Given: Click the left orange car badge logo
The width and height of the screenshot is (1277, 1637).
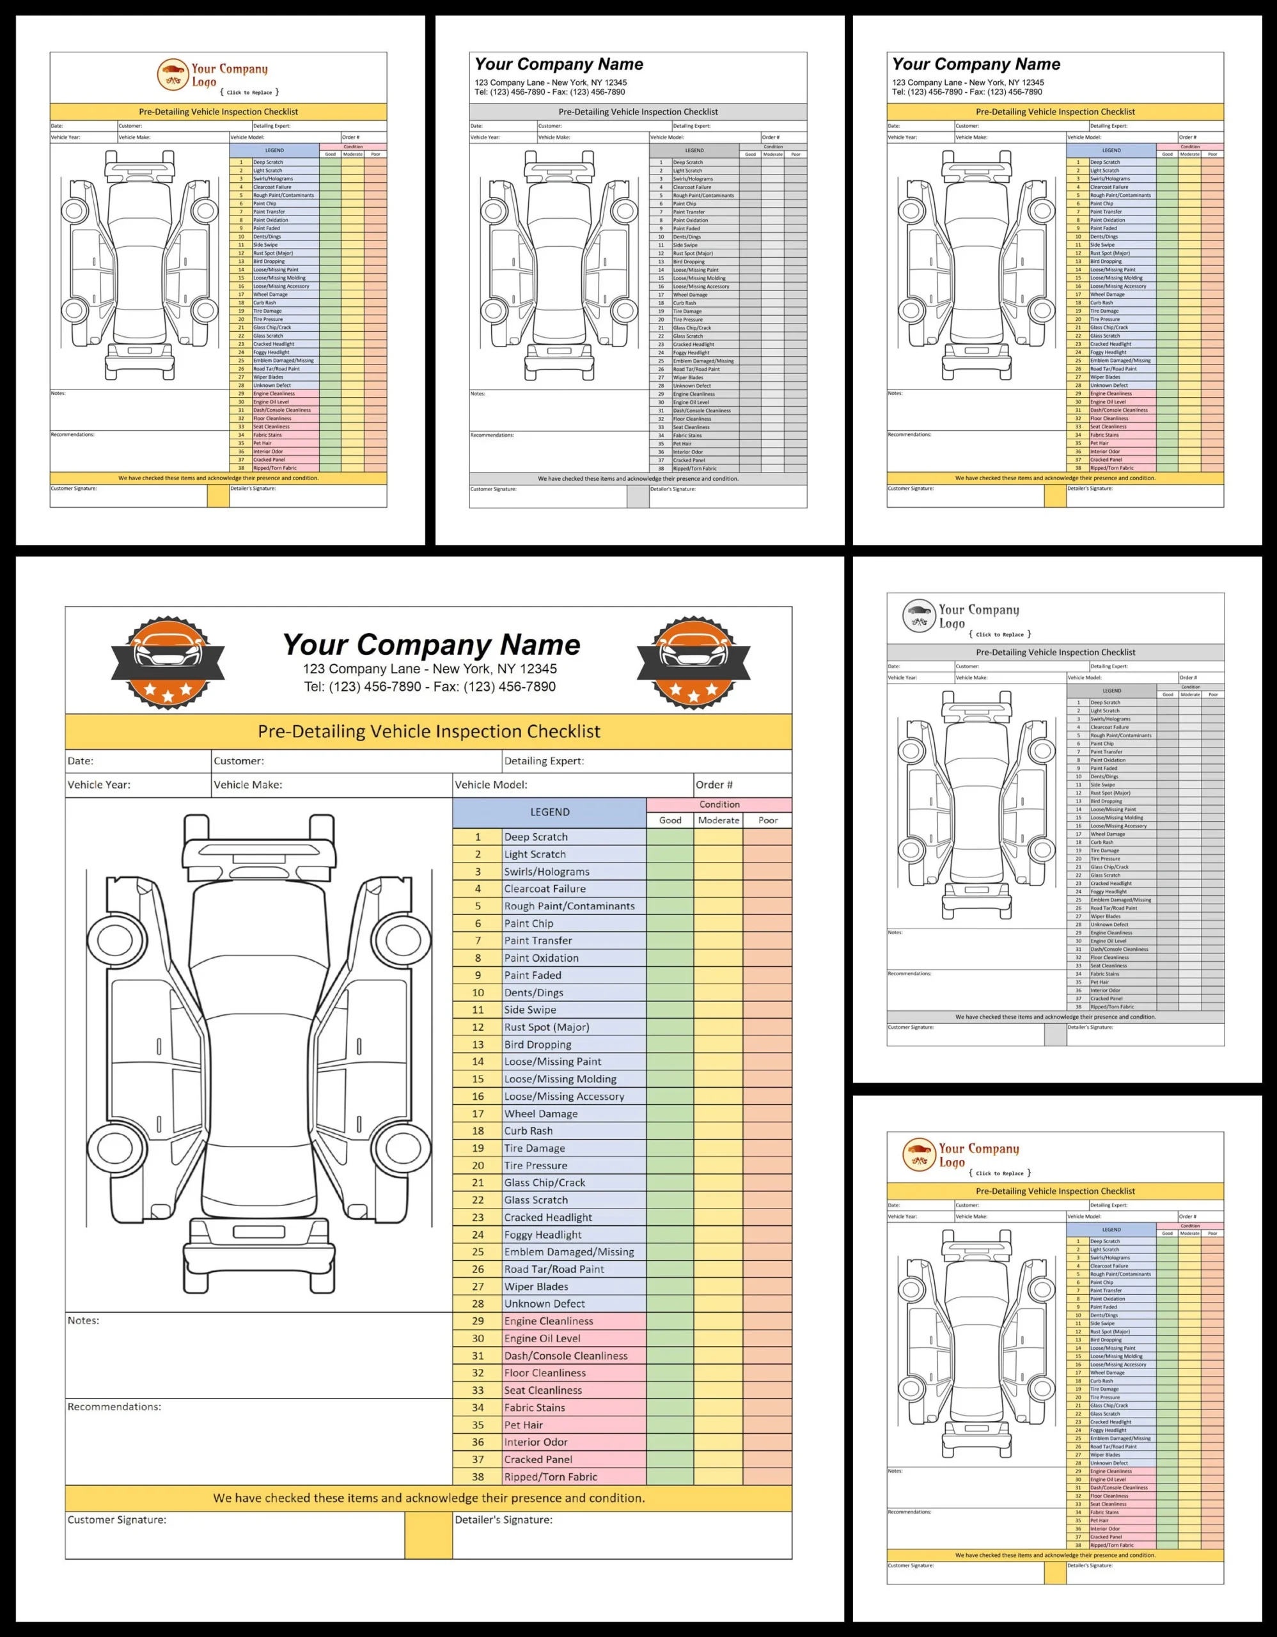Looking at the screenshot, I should tap(168, 663).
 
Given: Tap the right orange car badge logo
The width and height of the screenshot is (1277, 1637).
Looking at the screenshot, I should tap(693, 663).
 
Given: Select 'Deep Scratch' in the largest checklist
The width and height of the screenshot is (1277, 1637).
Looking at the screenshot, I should tap(536, 837).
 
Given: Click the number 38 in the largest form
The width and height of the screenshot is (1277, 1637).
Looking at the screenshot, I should tap(478, 1476).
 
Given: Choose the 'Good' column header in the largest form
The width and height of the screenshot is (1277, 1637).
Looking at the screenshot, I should tap(670, 820).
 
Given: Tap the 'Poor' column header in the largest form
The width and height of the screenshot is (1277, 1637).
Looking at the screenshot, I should tap(767, 820).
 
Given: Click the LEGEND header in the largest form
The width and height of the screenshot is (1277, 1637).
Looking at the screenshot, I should tap(549, 811).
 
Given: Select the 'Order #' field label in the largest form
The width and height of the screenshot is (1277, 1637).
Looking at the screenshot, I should tap(714, 785).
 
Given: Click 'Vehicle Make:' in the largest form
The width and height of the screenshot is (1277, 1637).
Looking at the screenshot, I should tap(247, 785).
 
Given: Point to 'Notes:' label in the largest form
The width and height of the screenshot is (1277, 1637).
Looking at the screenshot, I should tap(83, 1320).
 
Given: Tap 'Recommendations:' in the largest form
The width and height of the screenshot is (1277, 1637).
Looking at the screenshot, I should tap(114, 1407).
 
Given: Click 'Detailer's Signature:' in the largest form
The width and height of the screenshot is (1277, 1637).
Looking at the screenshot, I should tap(504, 1520).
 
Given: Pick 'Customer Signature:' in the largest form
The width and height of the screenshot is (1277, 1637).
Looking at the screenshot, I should tap(117, 1520).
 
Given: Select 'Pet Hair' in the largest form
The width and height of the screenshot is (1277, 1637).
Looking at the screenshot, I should tap(523, 1425).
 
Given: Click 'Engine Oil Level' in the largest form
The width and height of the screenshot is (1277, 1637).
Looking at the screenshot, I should tap(542, 1338).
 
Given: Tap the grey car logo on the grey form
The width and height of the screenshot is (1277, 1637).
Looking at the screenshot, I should tap(919, 616).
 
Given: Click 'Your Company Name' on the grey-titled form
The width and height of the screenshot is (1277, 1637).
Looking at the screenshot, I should tap(559, 65).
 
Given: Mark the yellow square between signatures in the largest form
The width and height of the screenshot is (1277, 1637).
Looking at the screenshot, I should tap(428, 1535).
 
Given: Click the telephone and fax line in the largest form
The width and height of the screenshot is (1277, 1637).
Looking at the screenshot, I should tap(430, 687).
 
